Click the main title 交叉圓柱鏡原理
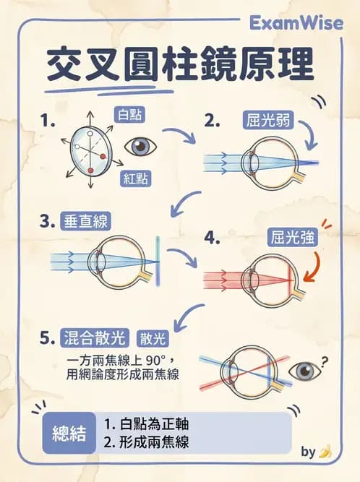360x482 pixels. coord(180,66)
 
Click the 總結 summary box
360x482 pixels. coord(70,433)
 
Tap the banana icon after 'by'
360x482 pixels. coord(325,452)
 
